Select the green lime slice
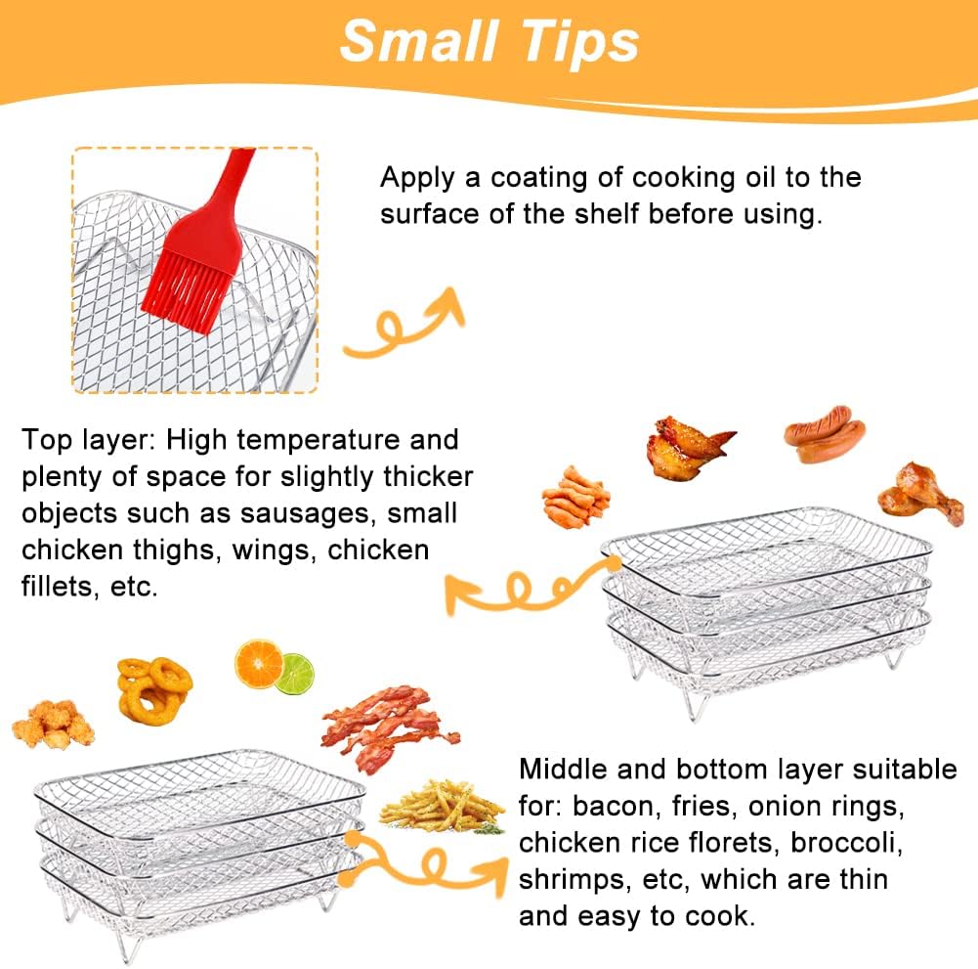point(294,674)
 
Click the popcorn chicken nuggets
point(53,724)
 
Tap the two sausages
point(826,433)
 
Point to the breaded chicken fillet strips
point(576,497)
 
